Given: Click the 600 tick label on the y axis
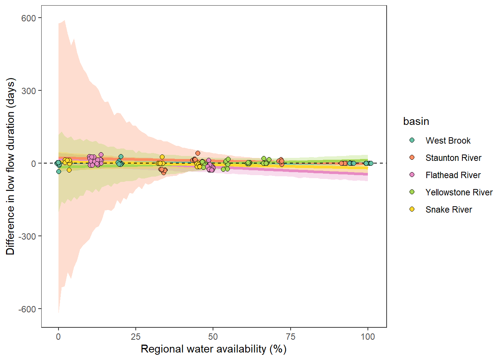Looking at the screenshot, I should [28, 18].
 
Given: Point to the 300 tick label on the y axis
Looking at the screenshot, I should [28, 91].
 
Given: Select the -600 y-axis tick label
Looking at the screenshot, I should [27, 309].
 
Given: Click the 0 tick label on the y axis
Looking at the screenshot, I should [34, 163].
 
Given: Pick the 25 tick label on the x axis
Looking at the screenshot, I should [136, 336].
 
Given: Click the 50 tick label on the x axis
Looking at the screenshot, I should [213, 336].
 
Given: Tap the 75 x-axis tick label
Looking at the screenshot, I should [291, 336].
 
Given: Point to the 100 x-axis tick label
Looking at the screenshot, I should [368, 336].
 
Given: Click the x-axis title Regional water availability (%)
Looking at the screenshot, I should [213, 349].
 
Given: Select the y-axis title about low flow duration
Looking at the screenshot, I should [10, 166].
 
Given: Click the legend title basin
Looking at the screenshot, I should [416, 121].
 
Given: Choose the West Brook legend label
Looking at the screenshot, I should [448, 141].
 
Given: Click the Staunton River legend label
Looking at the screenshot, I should [453, 158].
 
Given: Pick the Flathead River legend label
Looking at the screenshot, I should [453, 175].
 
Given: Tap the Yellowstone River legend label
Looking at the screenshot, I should [459, 192].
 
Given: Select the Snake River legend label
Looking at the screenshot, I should [448, 210].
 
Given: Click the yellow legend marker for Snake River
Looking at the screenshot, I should [412, 209].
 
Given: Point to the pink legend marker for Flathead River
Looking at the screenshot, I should [412, 175].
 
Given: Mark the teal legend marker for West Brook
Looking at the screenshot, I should [412, 140].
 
